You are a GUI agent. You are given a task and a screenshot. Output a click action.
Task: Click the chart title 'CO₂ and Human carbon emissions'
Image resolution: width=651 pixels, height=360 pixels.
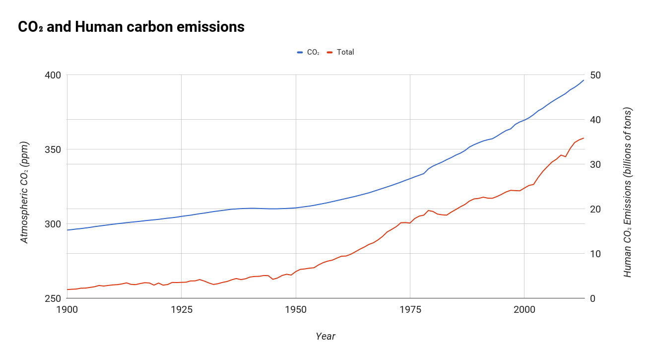click(x=131, y=27)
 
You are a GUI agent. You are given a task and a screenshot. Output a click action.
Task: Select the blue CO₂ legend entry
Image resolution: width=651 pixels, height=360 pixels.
click(x=309, y=52)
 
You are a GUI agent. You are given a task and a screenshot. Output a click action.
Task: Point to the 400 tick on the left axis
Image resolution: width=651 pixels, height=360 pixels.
click(x=53, y=75)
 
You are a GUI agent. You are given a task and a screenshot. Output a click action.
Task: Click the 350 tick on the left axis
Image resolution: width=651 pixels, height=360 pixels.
click(x=53, y=149)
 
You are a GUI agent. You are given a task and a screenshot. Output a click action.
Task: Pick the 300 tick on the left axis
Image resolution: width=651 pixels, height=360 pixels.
click(x=53, y=224)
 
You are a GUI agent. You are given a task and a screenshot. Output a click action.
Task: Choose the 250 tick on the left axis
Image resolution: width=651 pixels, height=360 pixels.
click(x=53, y=298)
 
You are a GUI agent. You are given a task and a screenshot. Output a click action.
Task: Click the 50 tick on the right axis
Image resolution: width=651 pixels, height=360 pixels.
click(x=595, y=75)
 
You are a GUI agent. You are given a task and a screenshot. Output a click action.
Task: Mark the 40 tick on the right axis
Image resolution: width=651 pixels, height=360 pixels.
click(x=595, y=120)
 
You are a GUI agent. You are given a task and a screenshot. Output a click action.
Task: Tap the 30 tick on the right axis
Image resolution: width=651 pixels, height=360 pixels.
click(x=595, y=164)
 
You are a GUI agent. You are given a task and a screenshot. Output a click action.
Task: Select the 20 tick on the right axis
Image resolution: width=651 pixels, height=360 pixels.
click(x=595, y=209)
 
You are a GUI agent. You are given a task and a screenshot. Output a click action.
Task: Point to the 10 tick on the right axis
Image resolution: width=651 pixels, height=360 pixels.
click(x=595, y=254)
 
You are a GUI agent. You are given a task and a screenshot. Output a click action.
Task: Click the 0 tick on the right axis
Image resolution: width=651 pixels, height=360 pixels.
click(x=592, y=298)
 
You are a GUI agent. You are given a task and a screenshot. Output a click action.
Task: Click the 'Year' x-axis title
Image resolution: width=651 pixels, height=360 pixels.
click(x=325, y=337)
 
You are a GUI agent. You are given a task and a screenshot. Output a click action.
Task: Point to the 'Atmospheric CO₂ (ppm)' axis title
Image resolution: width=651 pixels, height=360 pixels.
click(x=24, y=193)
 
